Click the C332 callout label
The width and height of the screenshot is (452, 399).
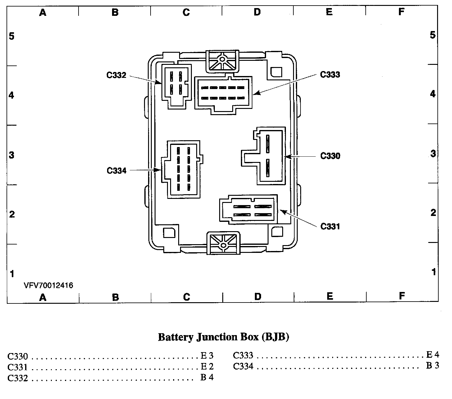(x=116, y=75)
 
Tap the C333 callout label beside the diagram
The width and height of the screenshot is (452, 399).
(x=330, y=75)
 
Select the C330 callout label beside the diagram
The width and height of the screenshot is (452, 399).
(x=330, y=156)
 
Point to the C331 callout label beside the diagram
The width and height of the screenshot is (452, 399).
(x=330, y=226)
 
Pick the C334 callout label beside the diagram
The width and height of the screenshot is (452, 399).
(x=116, y=170)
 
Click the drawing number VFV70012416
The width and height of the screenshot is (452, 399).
(x=49, y=285)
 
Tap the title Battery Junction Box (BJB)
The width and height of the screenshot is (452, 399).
(x=224, y=337)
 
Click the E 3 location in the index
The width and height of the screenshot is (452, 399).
(x=207, y=355)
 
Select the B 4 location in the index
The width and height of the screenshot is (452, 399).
(x=207, y=377)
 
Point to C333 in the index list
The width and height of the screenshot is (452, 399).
(x=243, y=355)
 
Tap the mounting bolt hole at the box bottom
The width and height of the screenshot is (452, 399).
(x=223, y=245)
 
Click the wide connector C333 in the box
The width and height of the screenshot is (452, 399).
(x=223, y=93)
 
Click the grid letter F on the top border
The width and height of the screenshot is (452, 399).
(x=401, y=12)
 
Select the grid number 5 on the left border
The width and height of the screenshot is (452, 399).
(x=11, y=36)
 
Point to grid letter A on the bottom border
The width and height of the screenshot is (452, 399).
(x=43, y=297)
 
